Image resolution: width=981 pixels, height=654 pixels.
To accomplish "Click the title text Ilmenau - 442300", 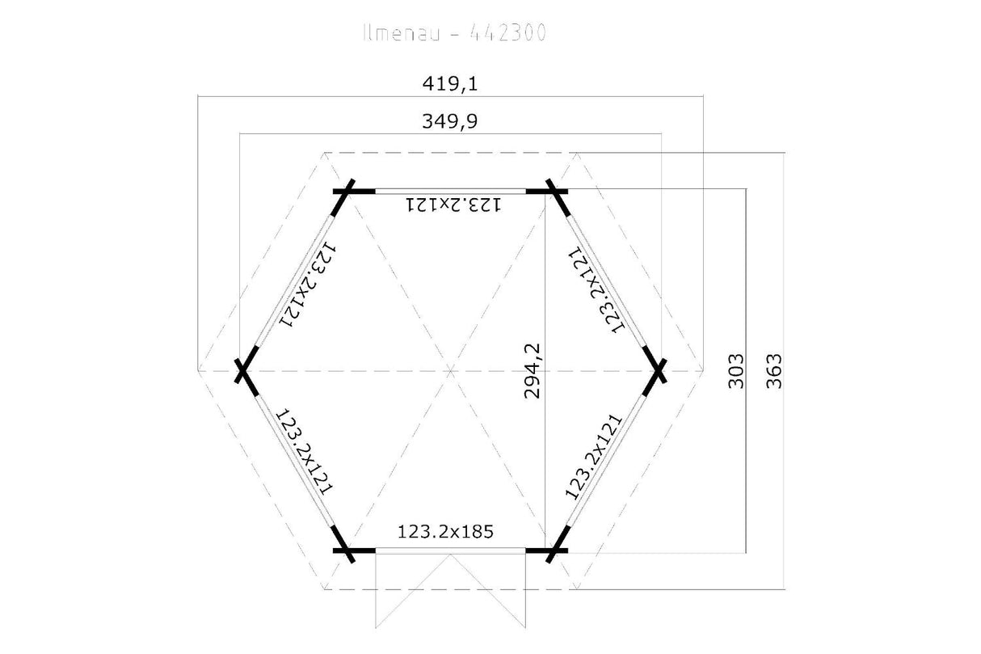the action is click(455, 33).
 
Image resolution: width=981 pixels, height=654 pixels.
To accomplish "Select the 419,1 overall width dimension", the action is click(450, 83).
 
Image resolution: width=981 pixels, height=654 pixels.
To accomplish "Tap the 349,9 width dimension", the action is click(450, 121).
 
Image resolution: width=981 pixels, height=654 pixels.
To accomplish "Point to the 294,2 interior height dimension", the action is click(533, 371).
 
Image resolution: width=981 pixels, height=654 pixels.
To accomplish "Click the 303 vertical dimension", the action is click(736, 371).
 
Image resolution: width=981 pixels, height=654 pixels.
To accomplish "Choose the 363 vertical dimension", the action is click(774, 371).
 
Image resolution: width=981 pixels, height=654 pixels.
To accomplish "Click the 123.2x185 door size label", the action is click(445, 532).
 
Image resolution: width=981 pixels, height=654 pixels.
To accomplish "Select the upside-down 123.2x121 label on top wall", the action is click(453, 205).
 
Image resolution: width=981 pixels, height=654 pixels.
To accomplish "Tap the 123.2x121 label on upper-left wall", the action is click(308, 285).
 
